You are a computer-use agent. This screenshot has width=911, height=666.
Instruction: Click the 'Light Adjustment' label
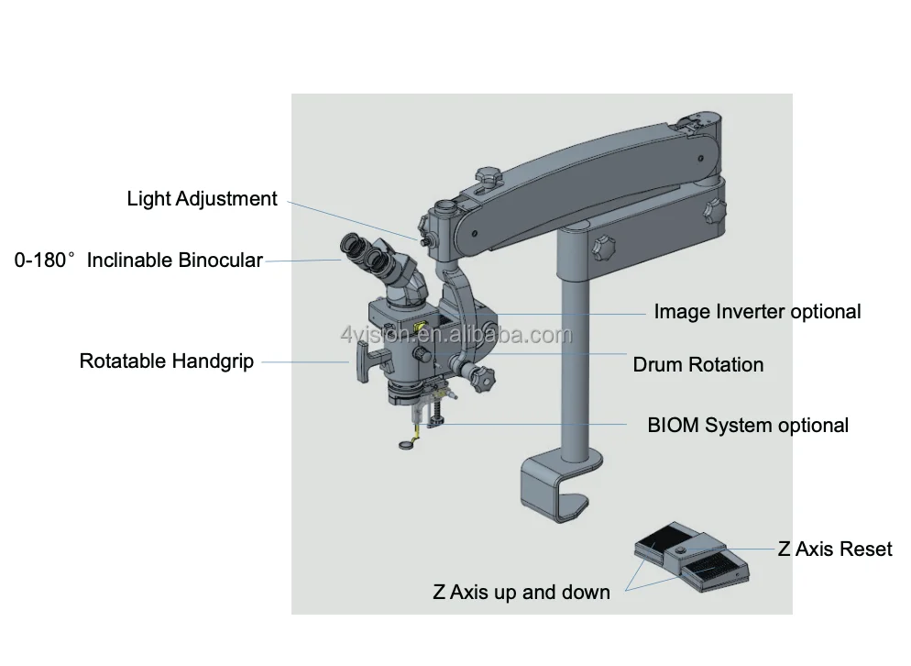tap(202, 199)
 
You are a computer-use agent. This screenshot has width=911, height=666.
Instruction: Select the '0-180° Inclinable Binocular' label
tap(138, 261)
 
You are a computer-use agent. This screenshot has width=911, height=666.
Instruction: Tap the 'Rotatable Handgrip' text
tap(166, 361)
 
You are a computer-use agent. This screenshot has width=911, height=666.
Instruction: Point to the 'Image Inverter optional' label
tap(757, 312)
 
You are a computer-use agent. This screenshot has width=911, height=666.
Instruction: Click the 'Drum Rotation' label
tap(697, 364)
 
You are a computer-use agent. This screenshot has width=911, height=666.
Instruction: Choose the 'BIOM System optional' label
tap(748, 425)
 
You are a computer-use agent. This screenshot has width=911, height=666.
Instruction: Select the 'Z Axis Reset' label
tap(834, 549)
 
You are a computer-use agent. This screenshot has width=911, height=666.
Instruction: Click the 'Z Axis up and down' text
tap(521, 592)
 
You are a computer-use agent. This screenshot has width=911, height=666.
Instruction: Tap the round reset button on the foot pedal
tap(684, 550)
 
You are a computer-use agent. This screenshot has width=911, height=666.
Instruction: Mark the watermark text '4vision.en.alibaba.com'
tap(455, 336)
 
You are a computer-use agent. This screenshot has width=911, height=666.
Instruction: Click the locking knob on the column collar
tap(601, 249)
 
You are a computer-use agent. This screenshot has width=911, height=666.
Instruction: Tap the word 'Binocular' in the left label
tap(220, 261)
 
